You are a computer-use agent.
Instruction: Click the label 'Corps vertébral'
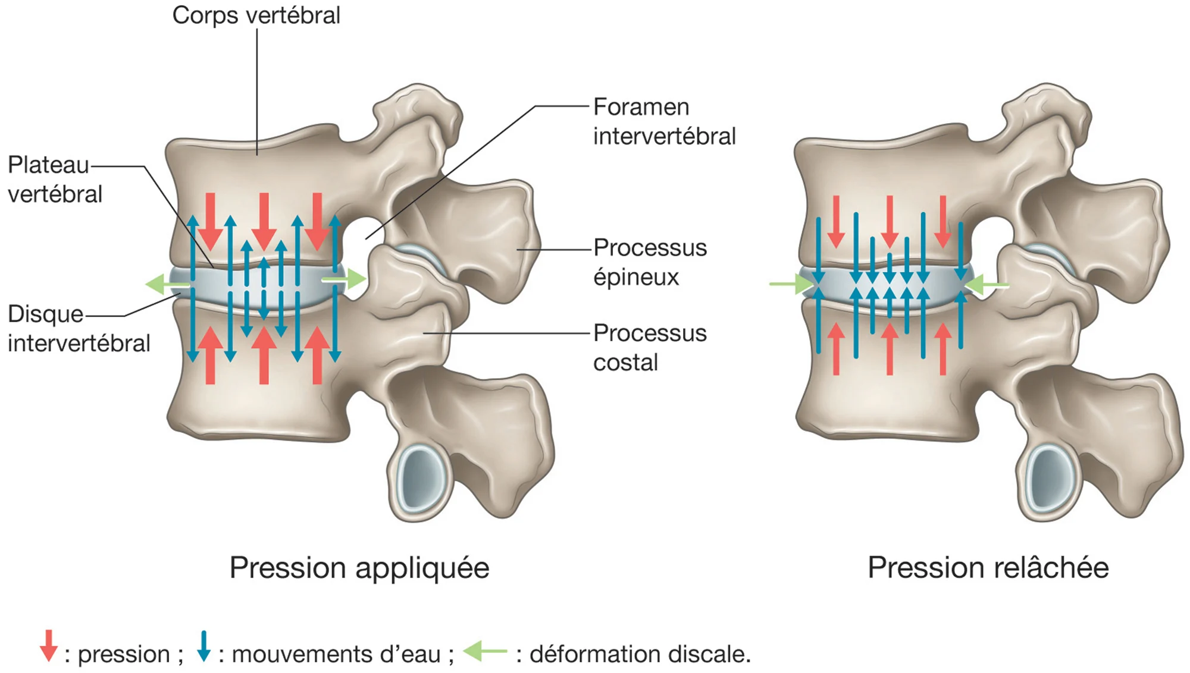pyautogui.click(x=256, y=15)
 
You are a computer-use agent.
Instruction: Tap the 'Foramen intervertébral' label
pyautogui.click(x=663, y=121)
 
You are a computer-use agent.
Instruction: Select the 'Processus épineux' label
pyautogui.click(x=650, y=262)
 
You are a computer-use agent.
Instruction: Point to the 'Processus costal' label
pyautogui.click(x=650, y=347)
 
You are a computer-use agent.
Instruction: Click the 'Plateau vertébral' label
pyautogui.click(x=55, y=179)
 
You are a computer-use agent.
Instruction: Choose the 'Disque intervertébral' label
pyautogui.click(x=79, y=328)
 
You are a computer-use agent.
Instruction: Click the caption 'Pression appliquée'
pyautogui.click(x=359, y=567)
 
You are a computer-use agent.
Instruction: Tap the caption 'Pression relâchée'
pyautogui.click(x=988, y=567)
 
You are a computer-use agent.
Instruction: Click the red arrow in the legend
pyautogui.click(x=49, y=646)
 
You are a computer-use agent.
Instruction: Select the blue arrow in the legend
pyautogui.click(x=203, y=646)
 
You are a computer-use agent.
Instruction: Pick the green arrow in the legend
pyautogui.click(x=485, y=651)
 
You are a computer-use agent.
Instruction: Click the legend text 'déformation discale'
pyautogui.click(x=640, y=654)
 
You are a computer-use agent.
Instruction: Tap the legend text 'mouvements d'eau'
pyautogui.click(x=336, y=654)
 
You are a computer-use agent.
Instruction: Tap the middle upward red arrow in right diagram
pyautogui.click(x=889, y=348)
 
